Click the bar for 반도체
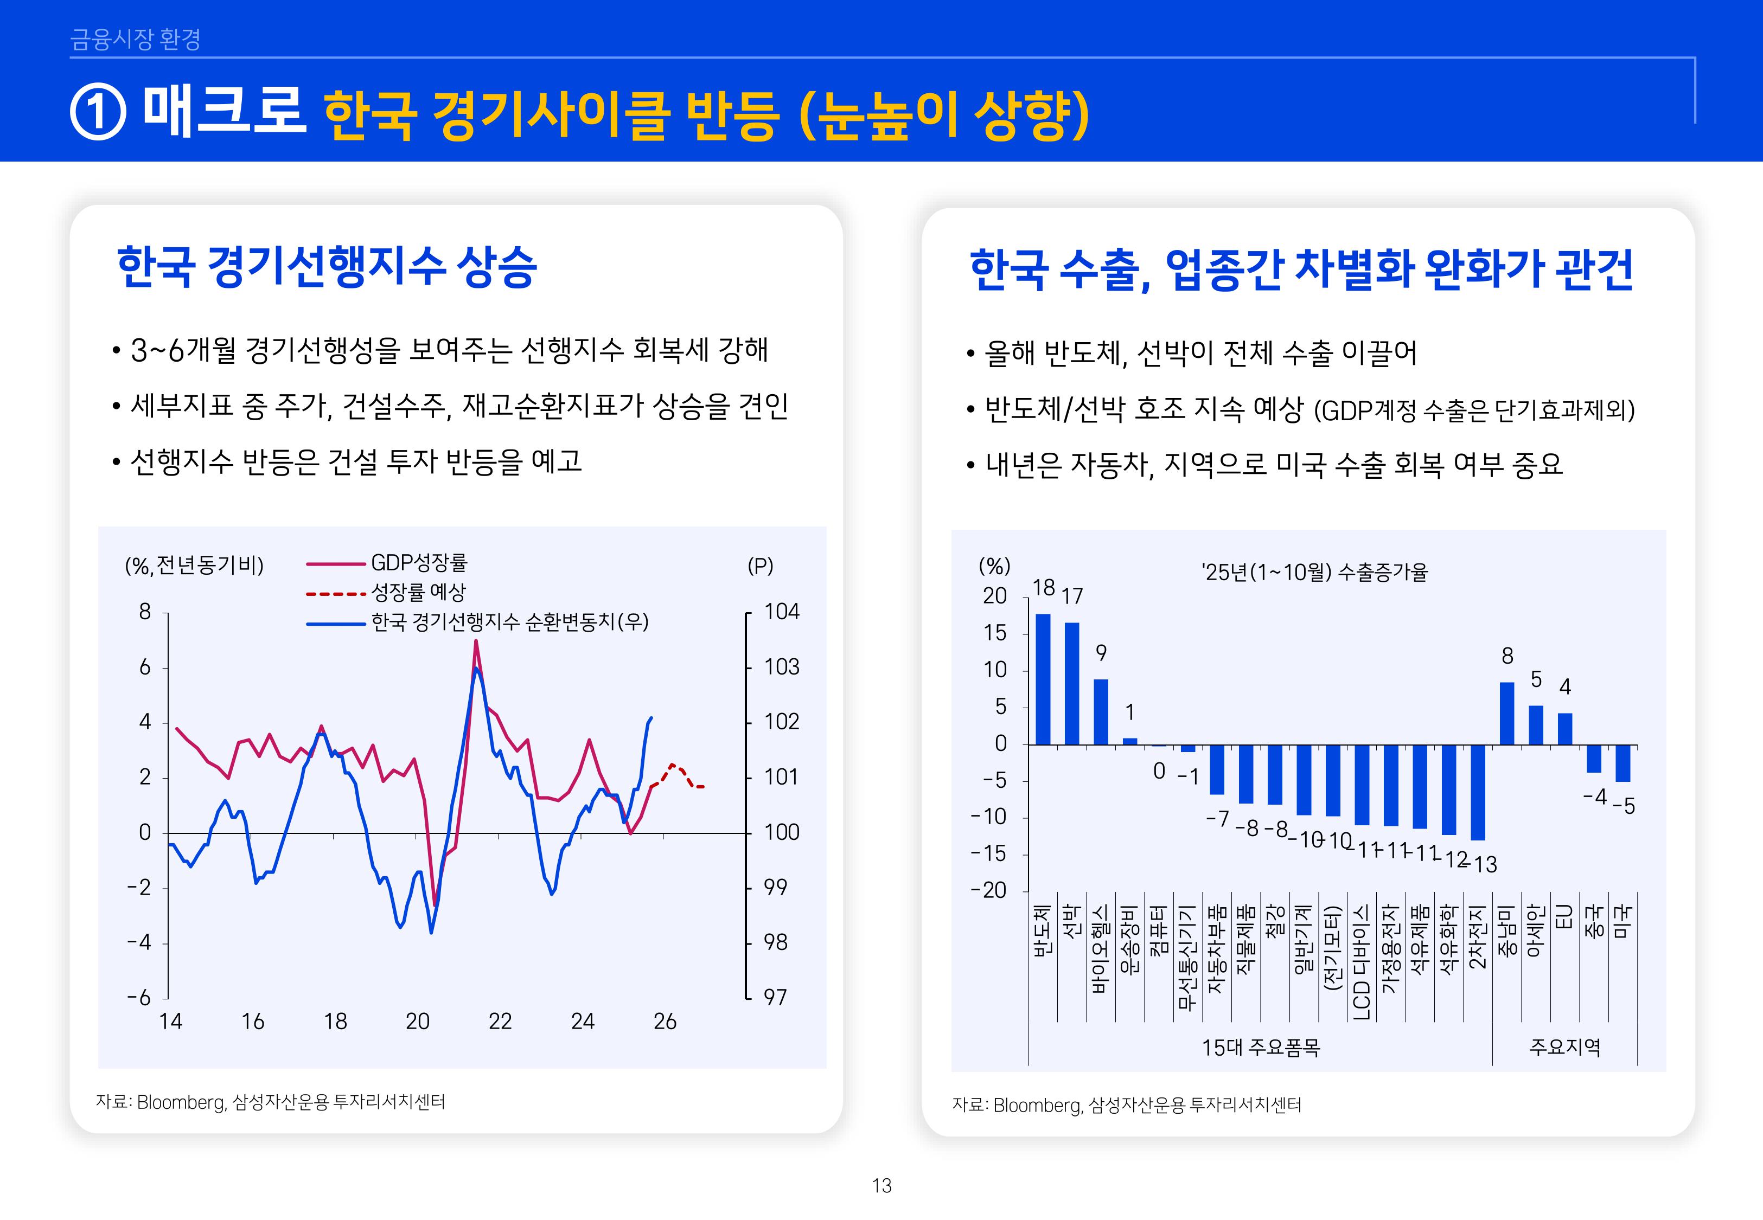point(1043,679)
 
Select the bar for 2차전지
point(1478,792)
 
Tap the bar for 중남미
point(1507,713)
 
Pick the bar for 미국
point(1623,763)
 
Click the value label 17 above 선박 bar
point(1072,595)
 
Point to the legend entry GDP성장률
point(418,563)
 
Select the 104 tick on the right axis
point(781,612)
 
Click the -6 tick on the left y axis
point(139,998)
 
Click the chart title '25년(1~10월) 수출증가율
point(1313,572)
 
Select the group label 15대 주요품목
point(1261,1047)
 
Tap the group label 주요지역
point(1564,1047)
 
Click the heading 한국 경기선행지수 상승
point(327,267)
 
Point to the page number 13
point(881,1186)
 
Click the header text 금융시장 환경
point(135,39)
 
